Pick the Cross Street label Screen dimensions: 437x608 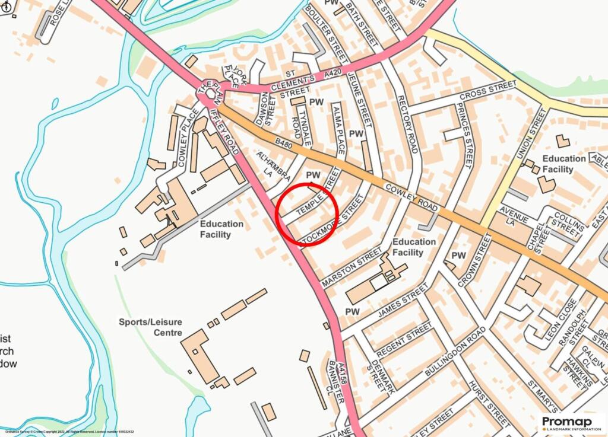click(x=480, y=91)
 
